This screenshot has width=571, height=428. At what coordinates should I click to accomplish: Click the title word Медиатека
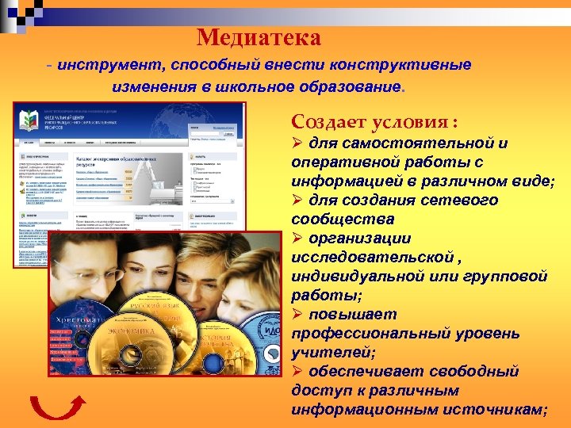259,36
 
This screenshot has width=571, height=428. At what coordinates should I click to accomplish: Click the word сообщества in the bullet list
338,219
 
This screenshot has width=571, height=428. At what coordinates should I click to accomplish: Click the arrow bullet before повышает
299,314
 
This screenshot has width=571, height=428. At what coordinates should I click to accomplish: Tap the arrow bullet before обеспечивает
299,371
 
